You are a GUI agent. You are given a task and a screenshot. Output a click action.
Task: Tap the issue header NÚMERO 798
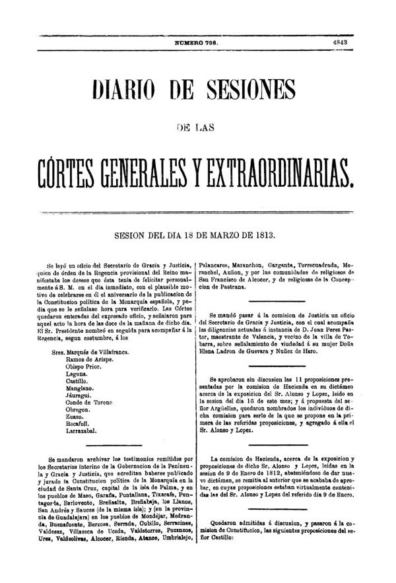tap(197, 41)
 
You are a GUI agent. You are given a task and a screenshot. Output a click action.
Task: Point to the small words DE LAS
tap(197, 125)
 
